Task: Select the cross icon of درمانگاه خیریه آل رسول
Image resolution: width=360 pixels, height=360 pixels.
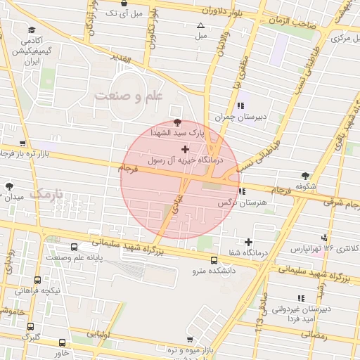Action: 185,149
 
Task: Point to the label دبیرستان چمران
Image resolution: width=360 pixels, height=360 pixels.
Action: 243,117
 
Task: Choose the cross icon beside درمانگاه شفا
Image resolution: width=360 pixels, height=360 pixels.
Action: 248,242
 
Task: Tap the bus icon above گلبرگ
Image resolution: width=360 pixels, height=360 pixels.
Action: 30,326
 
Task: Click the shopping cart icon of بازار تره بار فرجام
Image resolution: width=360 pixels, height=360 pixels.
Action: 8,152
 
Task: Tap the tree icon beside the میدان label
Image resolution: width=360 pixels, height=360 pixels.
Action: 9,186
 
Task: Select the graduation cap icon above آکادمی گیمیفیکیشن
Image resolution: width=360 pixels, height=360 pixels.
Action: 31,31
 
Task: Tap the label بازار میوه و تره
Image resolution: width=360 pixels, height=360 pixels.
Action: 171,349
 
